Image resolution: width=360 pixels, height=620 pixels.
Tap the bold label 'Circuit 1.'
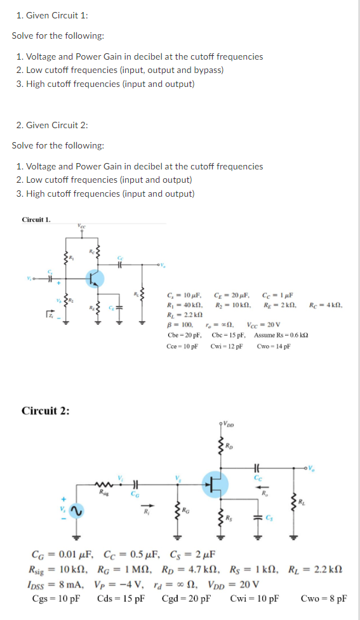click(x=36, y=220)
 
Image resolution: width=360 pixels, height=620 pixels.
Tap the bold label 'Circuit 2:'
click(x=46, y=410)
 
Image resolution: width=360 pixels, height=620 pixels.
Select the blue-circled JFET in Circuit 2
click(x=217, y=485)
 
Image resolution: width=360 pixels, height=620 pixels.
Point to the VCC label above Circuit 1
click(x=81, y=225)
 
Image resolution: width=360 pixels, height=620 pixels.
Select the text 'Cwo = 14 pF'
click(x=274, y=346)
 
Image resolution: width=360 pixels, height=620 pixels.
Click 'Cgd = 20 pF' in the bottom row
click(x=186, y=598)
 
